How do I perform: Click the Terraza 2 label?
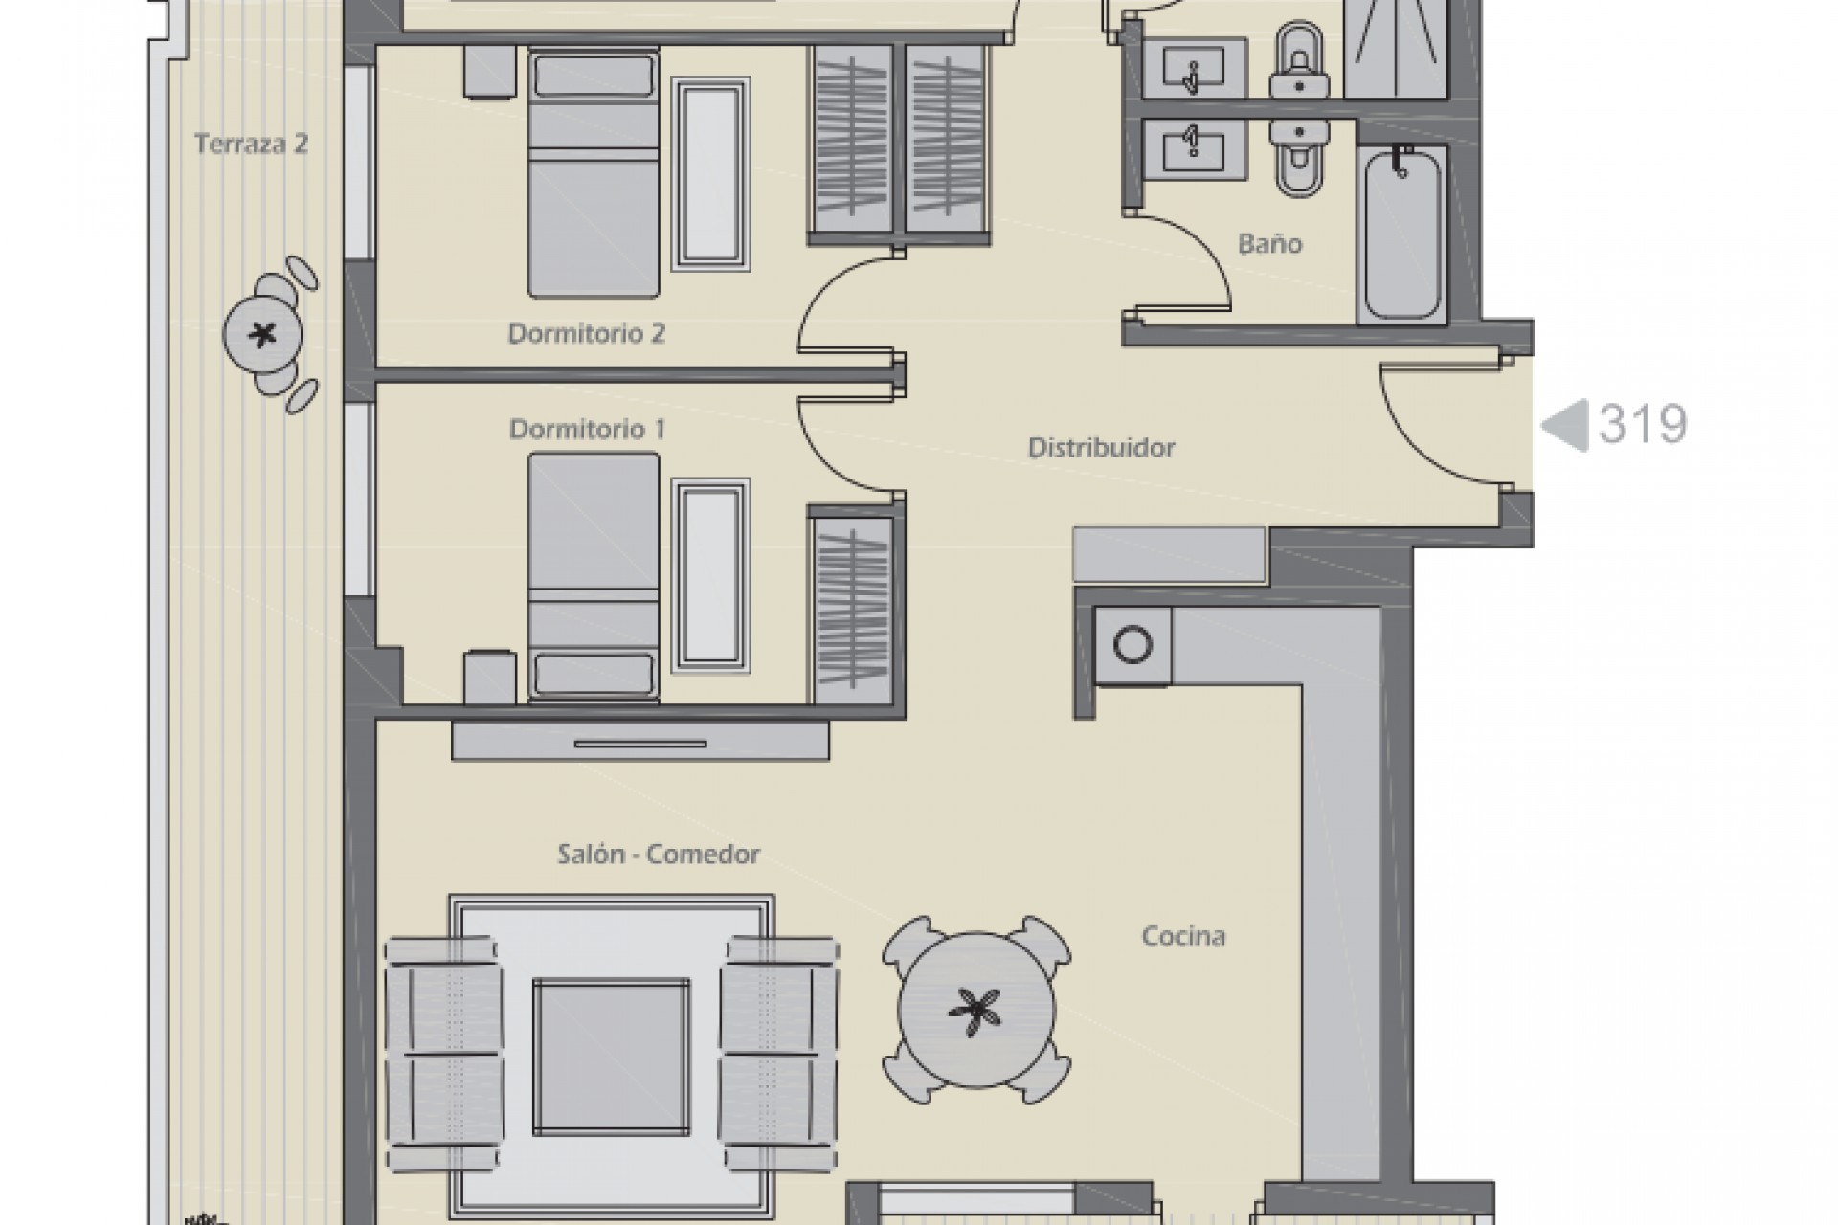[x=251, y=145]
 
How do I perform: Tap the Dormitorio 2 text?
[x=586, y=334]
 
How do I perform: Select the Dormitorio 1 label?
[x=586, y=429]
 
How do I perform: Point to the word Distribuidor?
[x=1101, y=448]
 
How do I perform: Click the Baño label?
[x=1269, y=244]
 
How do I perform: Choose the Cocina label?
[x=1183, y=936]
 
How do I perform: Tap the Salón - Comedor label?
[x=659, y=855]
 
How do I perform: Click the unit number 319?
[x=1643, y=424]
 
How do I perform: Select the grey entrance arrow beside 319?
[x=1565, y=425]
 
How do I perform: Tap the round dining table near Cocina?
[x=975, y=1010]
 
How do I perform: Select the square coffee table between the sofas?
[x=611, y=1043]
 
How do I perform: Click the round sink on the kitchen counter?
[x=1133, y=645]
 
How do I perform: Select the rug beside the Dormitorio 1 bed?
[x=709, y=574]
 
